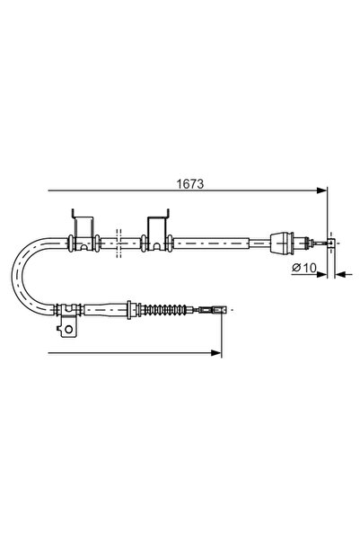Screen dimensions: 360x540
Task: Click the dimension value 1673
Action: pyautogui.click(x=190, y=184)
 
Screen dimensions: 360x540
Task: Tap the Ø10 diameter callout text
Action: pyautogui.click(x=304, y=267)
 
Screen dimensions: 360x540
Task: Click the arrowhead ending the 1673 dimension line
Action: pyautogui.click(x=321, y=190)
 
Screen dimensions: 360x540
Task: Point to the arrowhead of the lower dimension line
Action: pyautogui.click(x=216, y=352)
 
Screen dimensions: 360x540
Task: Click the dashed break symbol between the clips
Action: pyautogui.click(x=119, y=243)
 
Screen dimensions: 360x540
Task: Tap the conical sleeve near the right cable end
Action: pyautogui.click(x=282, y=243)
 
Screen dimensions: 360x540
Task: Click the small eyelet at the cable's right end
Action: pyautogui.click(x=330, y=243)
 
